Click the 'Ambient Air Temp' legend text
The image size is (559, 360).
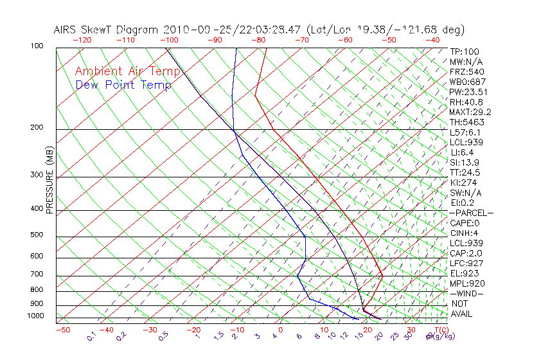click(127, 71)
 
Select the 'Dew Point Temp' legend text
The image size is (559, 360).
click(123, 85)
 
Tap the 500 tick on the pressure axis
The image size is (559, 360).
click(37, 235)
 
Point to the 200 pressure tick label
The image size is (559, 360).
click(37, 128)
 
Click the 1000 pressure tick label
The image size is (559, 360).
click(35, 316)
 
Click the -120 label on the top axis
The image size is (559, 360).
click(82, 39)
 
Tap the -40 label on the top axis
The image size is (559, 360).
click(432, 39)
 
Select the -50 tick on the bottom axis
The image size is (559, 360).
click(62, 330)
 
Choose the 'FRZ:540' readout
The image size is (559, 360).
click(467, 71)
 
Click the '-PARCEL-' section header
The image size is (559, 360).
click(471, 213)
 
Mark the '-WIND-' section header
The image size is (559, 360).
click(467, 293)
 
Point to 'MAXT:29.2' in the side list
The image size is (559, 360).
click(470, 112)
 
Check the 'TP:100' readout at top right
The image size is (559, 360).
click(465, 51)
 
